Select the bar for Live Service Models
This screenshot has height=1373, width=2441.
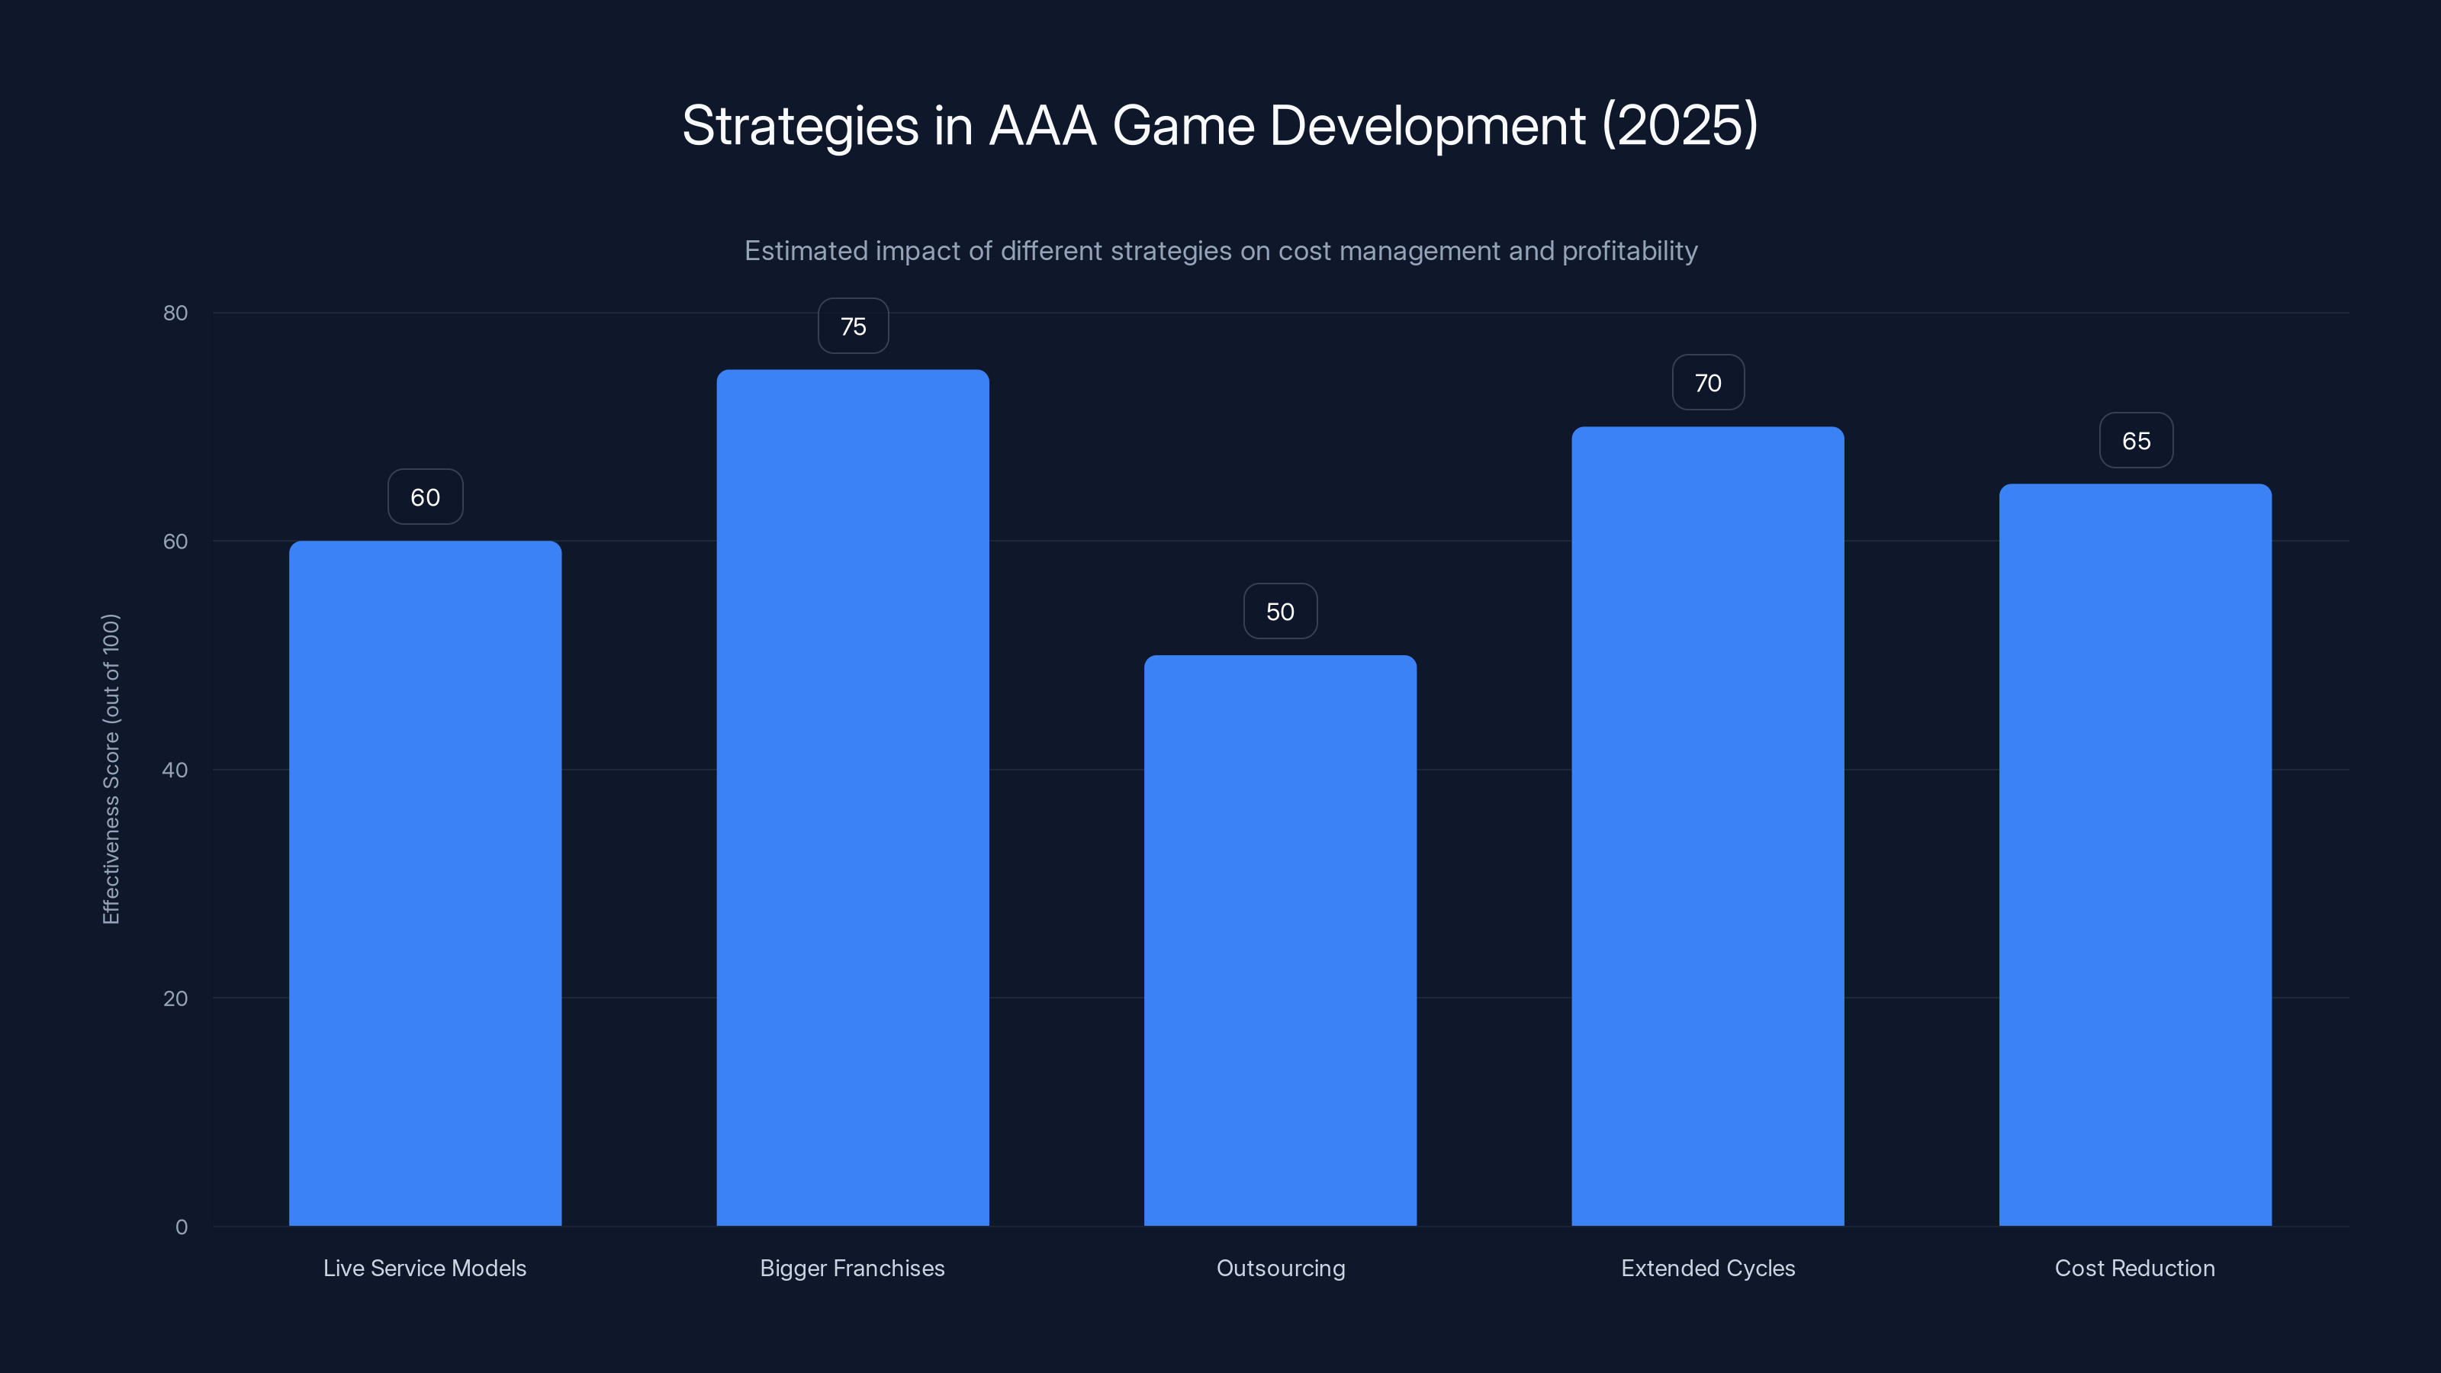tap(425, 883)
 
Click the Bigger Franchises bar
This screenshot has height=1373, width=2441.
tap(852, 797)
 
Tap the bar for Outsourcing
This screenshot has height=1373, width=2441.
tap(1280, 940)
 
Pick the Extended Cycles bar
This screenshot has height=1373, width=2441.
tap(1708, 825)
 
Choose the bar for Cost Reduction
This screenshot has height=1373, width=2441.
tap(2135, 854)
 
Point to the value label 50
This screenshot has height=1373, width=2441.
tap(1280, 612)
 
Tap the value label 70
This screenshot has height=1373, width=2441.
tap(1708, 383)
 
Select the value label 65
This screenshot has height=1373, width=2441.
tap(2136, 441)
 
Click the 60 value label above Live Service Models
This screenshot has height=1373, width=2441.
tap(425, 497)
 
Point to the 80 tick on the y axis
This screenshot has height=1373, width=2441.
tap(175, 314)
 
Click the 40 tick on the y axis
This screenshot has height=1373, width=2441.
tap(175, 770)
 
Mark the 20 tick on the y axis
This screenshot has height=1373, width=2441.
tap(175, 998)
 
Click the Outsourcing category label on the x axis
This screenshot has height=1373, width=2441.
tap(1280, 1268)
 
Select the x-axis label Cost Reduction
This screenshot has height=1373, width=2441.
tap(2135, 1268)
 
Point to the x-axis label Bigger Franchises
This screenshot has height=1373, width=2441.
tap(852, 1268)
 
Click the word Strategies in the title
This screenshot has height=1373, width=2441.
tap(799, 126)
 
